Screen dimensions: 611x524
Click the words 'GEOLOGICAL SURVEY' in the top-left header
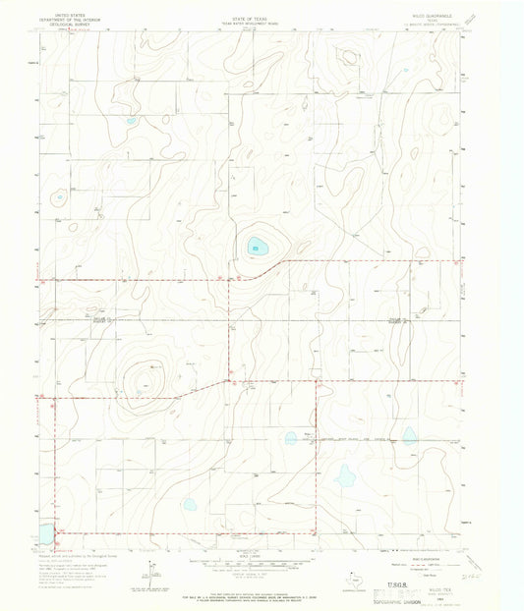click(x=78, y=25)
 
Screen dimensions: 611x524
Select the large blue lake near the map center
click(x=259, y=246)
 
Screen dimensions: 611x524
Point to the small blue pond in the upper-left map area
click(x=130, y=121)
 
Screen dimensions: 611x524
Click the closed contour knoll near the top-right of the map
click(x=347, y=58)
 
